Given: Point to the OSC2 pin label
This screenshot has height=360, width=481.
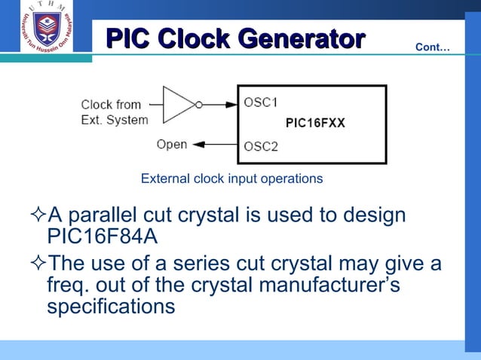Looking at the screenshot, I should click(x=261, y=146).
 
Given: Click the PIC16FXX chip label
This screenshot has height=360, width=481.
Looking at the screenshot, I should click(x=315, y=124).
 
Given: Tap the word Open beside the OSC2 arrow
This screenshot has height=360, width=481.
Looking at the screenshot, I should click(x=172, y=144).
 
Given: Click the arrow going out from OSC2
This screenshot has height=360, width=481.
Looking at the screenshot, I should click(x=215, y=145).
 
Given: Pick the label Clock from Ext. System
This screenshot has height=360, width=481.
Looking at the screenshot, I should click(x=115, y=112).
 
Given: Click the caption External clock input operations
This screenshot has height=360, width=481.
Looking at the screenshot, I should click(x=231, y=178).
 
